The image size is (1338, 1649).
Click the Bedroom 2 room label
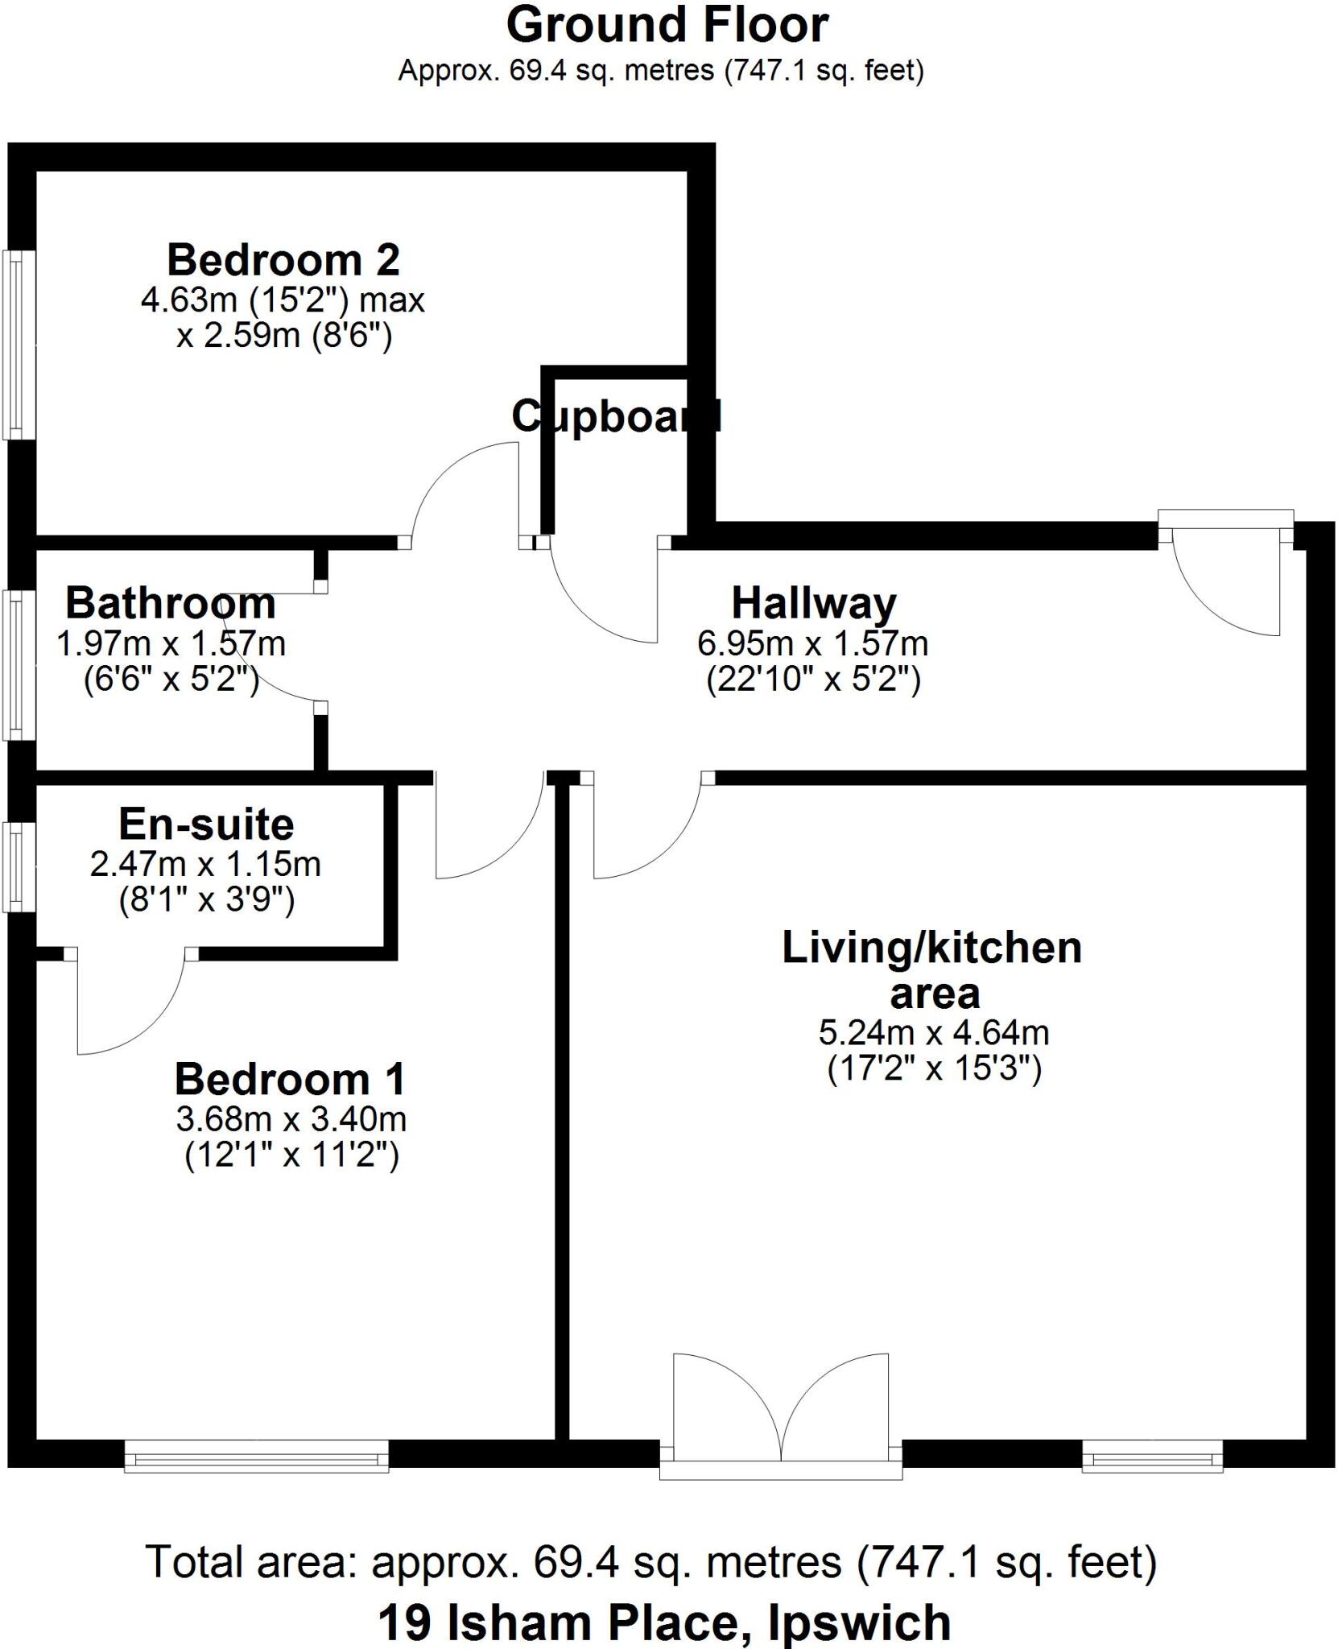[x=283, y=261]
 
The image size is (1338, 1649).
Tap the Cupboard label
[x=616, y=416]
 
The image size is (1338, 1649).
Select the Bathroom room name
[x=171, y=603]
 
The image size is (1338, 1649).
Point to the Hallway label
[x=813, y=603]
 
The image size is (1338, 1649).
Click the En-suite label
[x=206, y=824]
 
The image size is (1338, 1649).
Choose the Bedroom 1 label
[x=290, y=1079]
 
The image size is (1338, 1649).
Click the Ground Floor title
[x=667, y=26]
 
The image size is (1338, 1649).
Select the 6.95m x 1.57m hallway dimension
[x=813, y=643]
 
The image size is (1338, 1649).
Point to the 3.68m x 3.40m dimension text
[x=291, y=1119]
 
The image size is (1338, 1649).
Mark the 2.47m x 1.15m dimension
[x=206, y=864]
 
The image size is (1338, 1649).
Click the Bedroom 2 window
[x=18, y=345]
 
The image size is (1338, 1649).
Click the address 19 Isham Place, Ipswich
[x=664, y=1622]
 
